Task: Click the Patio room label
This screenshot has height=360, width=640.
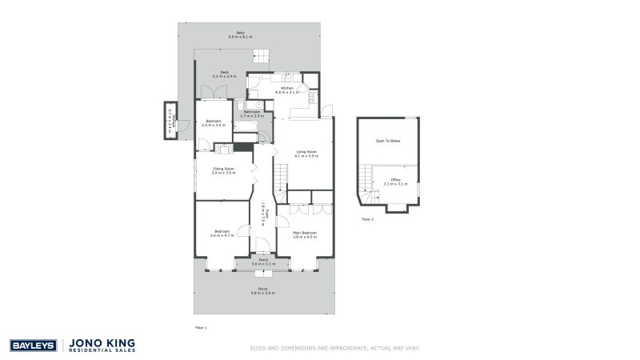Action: coord(240,33)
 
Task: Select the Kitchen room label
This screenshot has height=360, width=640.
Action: coord(286,88)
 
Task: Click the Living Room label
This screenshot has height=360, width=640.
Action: coord(307,151)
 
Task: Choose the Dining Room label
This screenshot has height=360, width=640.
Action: coord(223,169)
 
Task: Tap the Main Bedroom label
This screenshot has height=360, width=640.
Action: coord(304,233)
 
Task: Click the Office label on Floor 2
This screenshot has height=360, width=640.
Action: coord(395,180)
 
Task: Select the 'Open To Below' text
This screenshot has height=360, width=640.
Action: coord(388,141)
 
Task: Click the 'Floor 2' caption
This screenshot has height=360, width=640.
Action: coord(368,218)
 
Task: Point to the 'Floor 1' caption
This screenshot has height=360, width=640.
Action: coord(201,327)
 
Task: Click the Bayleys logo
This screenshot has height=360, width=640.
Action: coord(33,346)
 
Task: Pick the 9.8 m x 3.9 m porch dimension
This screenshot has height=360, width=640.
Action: coord(262,294)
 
